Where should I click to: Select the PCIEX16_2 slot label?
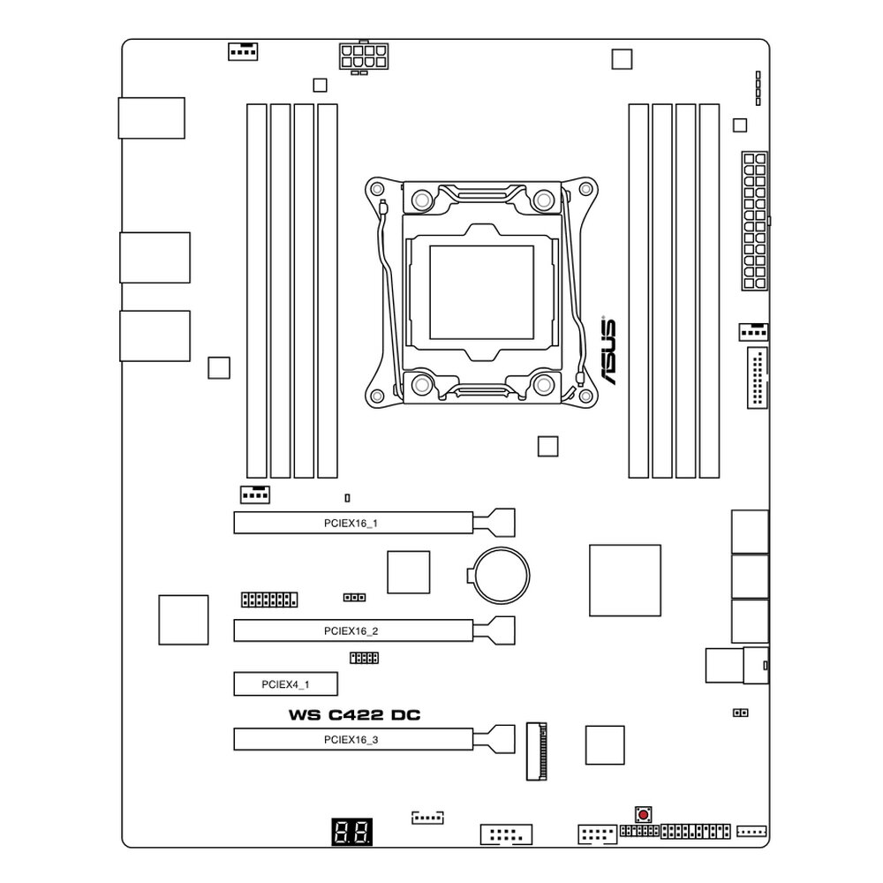pyautogui.click(x=351, y=631)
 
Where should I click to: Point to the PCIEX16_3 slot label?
pyautogui.click(x=351, y=740)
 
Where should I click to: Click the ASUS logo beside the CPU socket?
pyautogui.click(x=608, y=350)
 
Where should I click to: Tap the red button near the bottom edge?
pyautogui.click(x=643, y=813)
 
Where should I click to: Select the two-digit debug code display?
pyautogui.click(x=352, y=831)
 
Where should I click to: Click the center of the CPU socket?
pyautogui.click(x=481, y=292)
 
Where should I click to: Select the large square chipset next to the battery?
pyautogui.click(x=624, y=580)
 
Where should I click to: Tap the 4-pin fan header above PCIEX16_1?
pyautogui.click(x=254, y=494)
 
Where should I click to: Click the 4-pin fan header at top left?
pyautogui.click(x=242, y=50)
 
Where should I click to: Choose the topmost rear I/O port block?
pyautogui.click(x=151, y=118)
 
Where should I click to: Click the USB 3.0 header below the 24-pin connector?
pyautogui.click(x=757, y=378)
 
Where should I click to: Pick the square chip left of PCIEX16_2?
pyautogui.click(x=183, y=619)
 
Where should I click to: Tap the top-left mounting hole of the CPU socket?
pyautogui.click(x=377, y=188)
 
